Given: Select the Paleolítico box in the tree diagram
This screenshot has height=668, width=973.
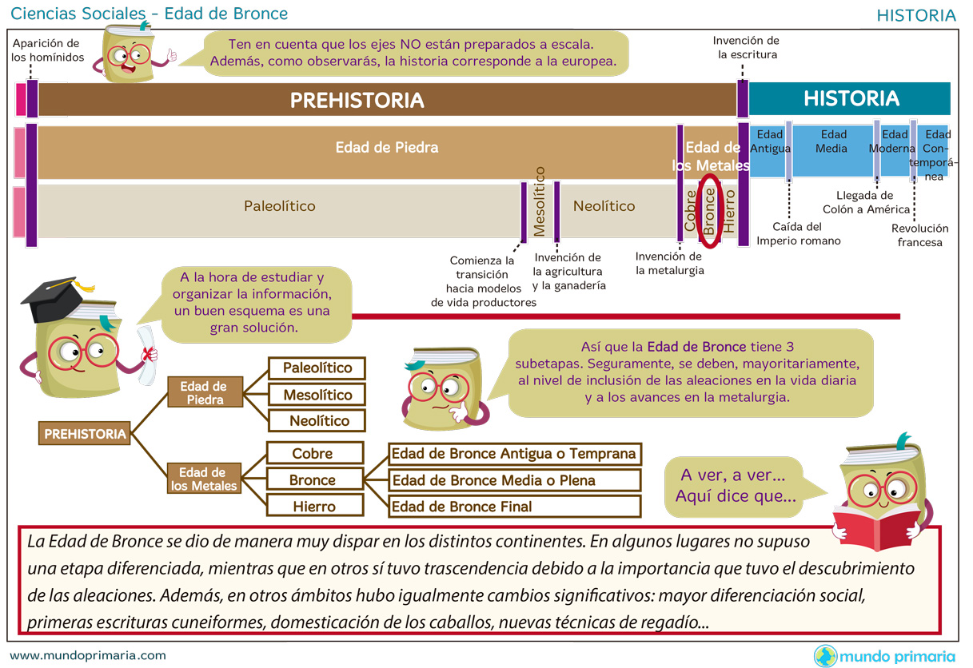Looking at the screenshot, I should point(316,368).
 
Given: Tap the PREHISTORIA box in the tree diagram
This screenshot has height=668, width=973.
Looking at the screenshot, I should point(85,434).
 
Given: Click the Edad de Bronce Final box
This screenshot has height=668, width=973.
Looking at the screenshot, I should point(514,506).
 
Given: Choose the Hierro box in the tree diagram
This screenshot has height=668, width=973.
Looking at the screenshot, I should point(314,506).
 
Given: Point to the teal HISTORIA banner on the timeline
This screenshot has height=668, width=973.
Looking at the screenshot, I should point(850,99).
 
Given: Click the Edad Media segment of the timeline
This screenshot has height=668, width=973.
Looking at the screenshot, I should point(832,149).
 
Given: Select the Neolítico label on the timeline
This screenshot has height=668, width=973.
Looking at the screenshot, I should point(604,206).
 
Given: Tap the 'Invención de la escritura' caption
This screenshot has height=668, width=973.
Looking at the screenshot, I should point(746,47).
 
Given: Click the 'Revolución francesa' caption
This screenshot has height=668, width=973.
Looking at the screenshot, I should point(919,235).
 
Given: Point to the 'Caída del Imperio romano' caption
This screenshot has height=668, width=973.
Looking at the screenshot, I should point(798,233).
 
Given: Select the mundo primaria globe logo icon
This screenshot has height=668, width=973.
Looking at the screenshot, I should point(825,656).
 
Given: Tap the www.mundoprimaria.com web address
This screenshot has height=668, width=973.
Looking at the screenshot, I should point(88,655).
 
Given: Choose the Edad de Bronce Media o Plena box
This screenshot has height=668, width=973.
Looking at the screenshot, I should point(514,480).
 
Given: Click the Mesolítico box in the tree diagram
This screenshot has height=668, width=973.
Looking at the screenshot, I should point(316,395).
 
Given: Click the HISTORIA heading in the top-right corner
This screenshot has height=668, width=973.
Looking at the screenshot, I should point(915,15).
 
